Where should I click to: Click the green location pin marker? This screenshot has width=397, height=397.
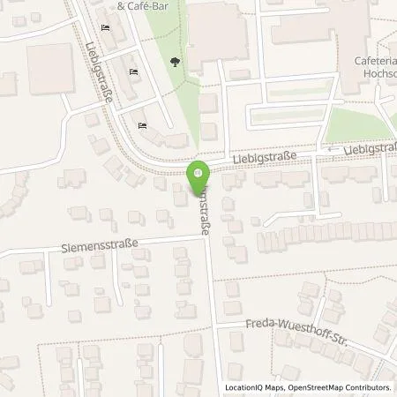[198, 176]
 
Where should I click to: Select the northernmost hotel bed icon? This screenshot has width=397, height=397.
[107, 29]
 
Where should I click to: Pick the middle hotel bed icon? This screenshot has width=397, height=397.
[133, 72]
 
